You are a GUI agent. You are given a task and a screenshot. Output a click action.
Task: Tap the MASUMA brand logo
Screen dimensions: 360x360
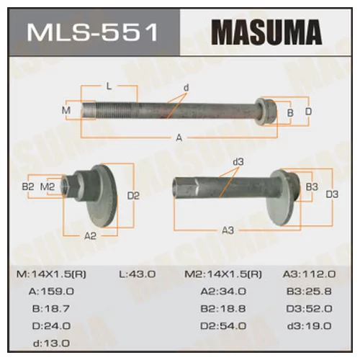[266, 34]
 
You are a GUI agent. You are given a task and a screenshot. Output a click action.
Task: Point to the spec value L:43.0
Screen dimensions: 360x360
[137, 274]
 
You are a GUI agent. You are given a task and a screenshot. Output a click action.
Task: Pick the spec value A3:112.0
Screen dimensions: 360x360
[310, 274]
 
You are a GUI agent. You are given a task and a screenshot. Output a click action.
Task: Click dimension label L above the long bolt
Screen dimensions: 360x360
[109, 86]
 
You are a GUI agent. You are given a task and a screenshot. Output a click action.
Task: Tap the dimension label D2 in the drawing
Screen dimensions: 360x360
[132, 195]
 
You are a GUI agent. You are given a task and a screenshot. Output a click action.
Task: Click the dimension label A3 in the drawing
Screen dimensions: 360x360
[228, 230]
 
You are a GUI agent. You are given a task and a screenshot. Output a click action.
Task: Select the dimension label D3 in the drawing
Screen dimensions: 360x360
[332, 194]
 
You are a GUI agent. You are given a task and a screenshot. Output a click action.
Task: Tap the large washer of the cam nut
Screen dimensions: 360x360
[105, 195]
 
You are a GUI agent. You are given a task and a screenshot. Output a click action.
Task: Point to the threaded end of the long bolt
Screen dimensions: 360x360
[98, 111]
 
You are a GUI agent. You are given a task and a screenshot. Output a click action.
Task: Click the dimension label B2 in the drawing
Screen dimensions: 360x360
[30, 186]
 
